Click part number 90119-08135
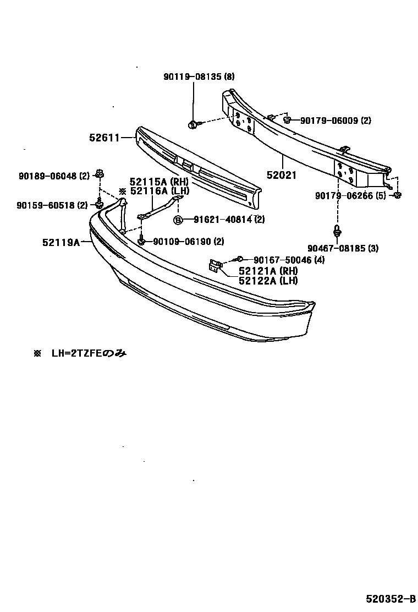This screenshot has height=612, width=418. [x=193, y=77]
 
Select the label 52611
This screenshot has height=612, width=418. [x=105, y=137]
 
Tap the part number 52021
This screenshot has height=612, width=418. [x=282, y=176]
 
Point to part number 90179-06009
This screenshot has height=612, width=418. [x=329, y=121]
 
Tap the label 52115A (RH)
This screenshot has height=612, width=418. [x=159, y=181]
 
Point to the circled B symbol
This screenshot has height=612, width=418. [x=178, y=220]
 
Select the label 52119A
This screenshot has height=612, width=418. [x=61, y=242]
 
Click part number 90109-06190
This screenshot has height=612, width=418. [x=182, y=241]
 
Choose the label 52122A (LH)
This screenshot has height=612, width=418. [x=268, y=281]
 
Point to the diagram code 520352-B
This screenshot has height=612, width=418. [x=391, y=598]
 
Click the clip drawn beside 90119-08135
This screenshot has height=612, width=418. [x=193, y=123]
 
